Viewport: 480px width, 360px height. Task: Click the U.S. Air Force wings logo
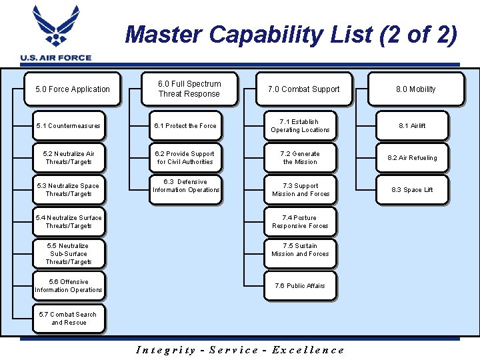pyautogui.click(x=56, y=27)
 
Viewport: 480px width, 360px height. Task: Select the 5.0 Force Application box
pyautogui.click(x=72, y=89)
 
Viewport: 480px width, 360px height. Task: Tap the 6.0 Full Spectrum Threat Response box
pyautogui.click(x=189, y=89)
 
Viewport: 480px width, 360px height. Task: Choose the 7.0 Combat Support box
pyautogui.click(x=303, y=89)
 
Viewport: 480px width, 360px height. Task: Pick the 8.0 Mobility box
pyautogui.click(x=415, y=89)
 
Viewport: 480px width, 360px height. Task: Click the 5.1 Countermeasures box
pyautogui.click(x=69, y=126)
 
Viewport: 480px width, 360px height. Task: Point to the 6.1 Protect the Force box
pyautogui.click(x=185, y=126)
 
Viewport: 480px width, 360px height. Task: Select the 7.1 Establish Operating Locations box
pyautogui.click(x=300, y=126)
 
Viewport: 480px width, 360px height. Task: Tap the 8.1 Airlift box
pyautogui.click(x=412, y=126)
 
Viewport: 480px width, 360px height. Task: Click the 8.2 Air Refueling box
pyautogui.click(x=412, y=158)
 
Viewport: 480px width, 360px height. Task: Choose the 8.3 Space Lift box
pyautogui.click(x=412, y=190)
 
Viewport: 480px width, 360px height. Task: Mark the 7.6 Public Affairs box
pyautogui.click(x=300, y=286)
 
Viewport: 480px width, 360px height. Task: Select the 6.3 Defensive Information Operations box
pyautogui.click(x=185, y=186)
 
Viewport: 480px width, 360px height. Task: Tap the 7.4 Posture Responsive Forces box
pyautogui.click(x=300, y=222)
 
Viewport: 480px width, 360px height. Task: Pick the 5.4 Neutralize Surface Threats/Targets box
pyautogui.click(x=69, y=222)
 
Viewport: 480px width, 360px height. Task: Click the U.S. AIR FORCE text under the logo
pyautogui.click(x=56, y=58)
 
